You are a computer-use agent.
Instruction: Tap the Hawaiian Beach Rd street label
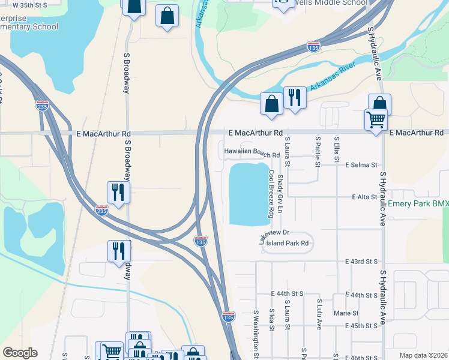tap(252, 154)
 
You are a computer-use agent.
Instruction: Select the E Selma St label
tap(360, 164)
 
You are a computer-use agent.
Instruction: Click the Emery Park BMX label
tap(418, 205)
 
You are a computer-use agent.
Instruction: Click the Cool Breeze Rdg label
tap(271, 193)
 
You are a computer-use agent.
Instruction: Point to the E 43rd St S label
tap(361, 262)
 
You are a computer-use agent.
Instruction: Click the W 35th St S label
tap(24, 4)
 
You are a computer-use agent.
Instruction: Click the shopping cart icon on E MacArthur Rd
tap(376, 120)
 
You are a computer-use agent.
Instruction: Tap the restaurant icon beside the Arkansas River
tap(294, 98)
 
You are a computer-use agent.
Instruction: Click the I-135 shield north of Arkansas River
tap(313, 46)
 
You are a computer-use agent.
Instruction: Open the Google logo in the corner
tap(20, 352)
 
